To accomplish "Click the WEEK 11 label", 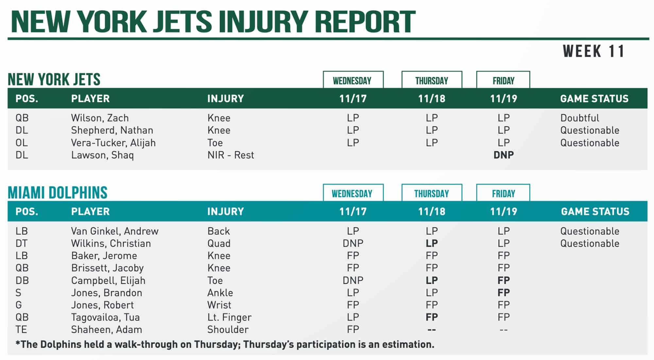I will (594, 51).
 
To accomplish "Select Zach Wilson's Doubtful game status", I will (579, 118).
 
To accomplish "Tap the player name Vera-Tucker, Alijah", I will (113, 143).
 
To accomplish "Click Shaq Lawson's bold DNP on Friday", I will (503, 155).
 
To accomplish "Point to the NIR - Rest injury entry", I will (231, 155).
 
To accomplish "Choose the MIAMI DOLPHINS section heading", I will (58, 193).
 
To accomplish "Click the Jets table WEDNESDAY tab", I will (353, 80).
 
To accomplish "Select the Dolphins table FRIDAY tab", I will (503, 194).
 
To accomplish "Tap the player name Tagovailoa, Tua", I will (105, 317).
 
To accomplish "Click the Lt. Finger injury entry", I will (229, 317).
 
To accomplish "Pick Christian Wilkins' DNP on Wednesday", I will (353, 243).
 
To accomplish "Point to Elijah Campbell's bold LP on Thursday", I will (432, 280).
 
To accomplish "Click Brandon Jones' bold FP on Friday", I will (503, 293).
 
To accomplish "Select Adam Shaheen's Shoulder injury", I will (228, 329).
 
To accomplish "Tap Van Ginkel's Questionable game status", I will (590, 231).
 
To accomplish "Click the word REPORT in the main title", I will (365, 22).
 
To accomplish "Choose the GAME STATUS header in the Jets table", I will (594, 98).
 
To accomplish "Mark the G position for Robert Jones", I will (19, 305).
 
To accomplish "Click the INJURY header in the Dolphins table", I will (225, 212).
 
